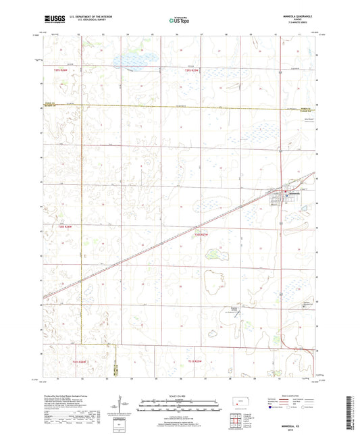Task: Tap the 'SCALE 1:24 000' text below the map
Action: pos(179,396)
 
